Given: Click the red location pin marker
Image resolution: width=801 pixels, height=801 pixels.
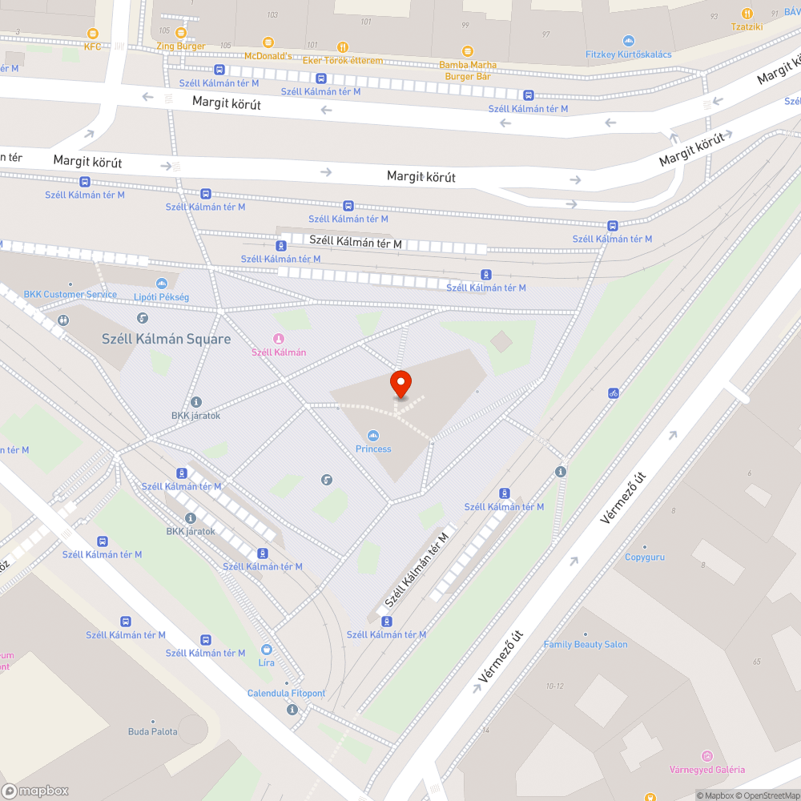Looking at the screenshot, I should (400, 384).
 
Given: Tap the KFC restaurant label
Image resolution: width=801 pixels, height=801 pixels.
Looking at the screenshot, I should (93, 46).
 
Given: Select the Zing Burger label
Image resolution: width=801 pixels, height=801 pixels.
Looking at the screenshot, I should (181, 46).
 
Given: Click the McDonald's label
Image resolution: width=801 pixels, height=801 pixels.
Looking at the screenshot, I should (268, 55).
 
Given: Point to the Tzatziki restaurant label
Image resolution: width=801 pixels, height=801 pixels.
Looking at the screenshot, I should (747, 26).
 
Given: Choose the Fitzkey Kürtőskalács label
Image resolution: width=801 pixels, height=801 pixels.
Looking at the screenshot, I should (629, 54).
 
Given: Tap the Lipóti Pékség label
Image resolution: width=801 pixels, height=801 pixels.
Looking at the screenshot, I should (161, 297).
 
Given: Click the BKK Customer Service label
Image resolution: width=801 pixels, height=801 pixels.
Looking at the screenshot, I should (70, 294).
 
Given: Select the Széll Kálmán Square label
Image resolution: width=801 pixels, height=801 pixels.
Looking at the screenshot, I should (167, 339).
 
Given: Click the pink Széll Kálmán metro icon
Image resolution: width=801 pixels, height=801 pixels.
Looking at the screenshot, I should (279, 340).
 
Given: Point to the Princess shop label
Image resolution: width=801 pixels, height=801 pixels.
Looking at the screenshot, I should (373, 448).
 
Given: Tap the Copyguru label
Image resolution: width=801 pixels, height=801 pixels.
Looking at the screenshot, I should (645, 557).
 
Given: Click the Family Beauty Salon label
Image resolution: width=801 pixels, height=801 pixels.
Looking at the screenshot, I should (586, 644).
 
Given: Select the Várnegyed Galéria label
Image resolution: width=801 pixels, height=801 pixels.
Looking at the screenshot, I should (706, 769).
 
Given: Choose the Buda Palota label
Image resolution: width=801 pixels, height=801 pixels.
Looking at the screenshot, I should (153, 731).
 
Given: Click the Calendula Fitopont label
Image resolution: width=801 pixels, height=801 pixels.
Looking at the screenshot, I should (286, 693).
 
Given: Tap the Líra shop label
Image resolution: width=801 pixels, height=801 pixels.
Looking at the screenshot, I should (267, 662).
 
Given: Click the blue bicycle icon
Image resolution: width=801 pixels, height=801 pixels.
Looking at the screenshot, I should (614, 393).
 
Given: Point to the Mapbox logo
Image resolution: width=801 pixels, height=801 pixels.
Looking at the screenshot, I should (35, 791).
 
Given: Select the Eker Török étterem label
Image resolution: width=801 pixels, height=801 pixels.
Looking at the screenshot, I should (343, 60).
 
